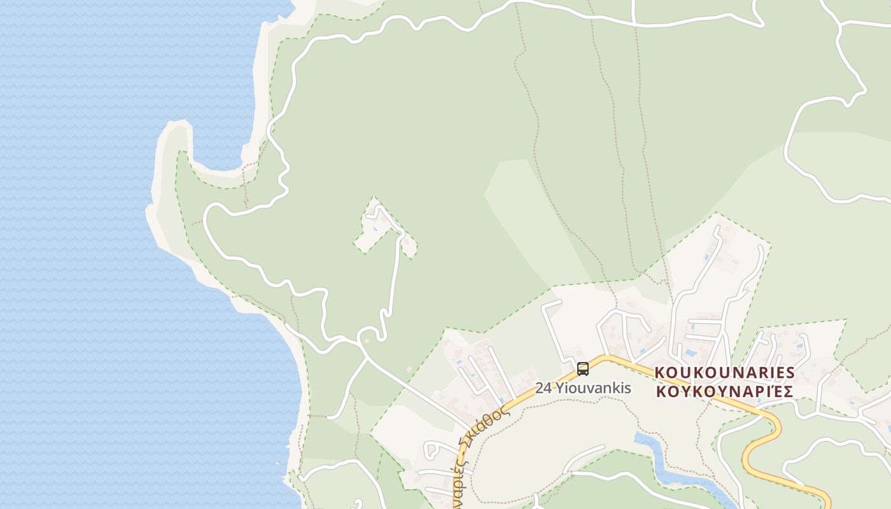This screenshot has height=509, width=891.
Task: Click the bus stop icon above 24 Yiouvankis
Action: (582, 369)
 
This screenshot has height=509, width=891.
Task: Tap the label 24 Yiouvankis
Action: (583, 387)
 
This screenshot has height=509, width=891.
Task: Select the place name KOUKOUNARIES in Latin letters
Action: (725, 372)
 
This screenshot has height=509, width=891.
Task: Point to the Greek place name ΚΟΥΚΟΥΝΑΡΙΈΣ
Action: (724, 391)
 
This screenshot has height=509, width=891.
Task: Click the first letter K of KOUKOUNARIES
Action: (660, 372)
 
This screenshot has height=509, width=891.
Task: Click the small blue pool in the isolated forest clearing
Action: (376, 228)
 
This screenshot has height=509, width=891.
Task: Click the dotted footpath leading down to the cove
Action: (244, 185)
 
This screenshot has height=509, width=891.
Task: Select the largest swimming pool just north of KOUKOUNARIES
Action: (690, 352)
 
